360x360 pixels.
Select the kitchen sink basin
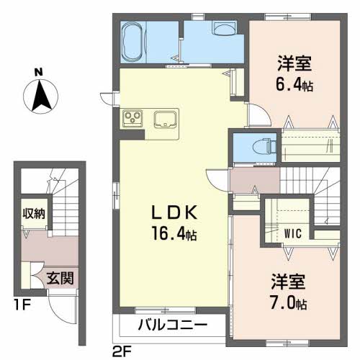pyautogui.click(x=164, y=117)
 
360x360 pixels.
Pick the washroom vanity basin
pyautogui.click(x=224, y=30)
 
